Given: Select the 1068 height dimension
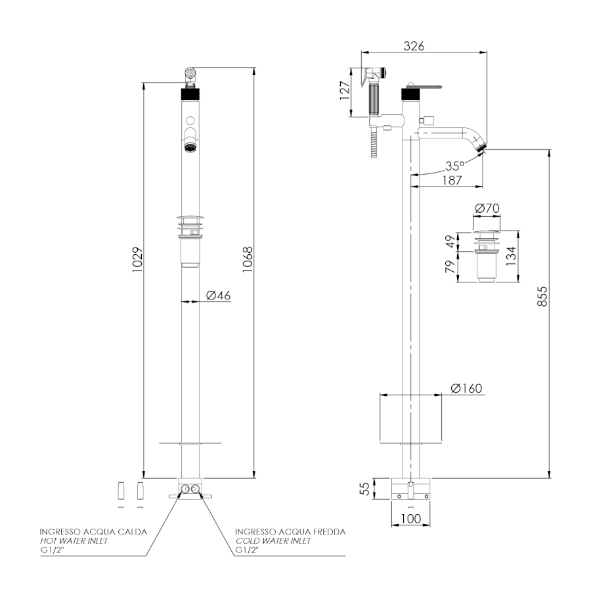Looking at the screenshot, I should (x=247, y=261).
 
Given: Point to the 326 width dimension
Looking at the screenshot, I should (x=413, y=46).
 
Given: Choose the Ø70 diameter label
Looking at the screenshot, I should (x=487, y=208).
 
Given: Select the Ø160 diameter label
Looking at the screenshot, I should (x=466, y=388).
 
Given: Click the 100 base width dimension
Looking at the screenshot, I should (x=410, y=518).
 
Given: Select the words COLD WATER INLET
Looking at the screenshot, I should (x=273, y=540).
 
